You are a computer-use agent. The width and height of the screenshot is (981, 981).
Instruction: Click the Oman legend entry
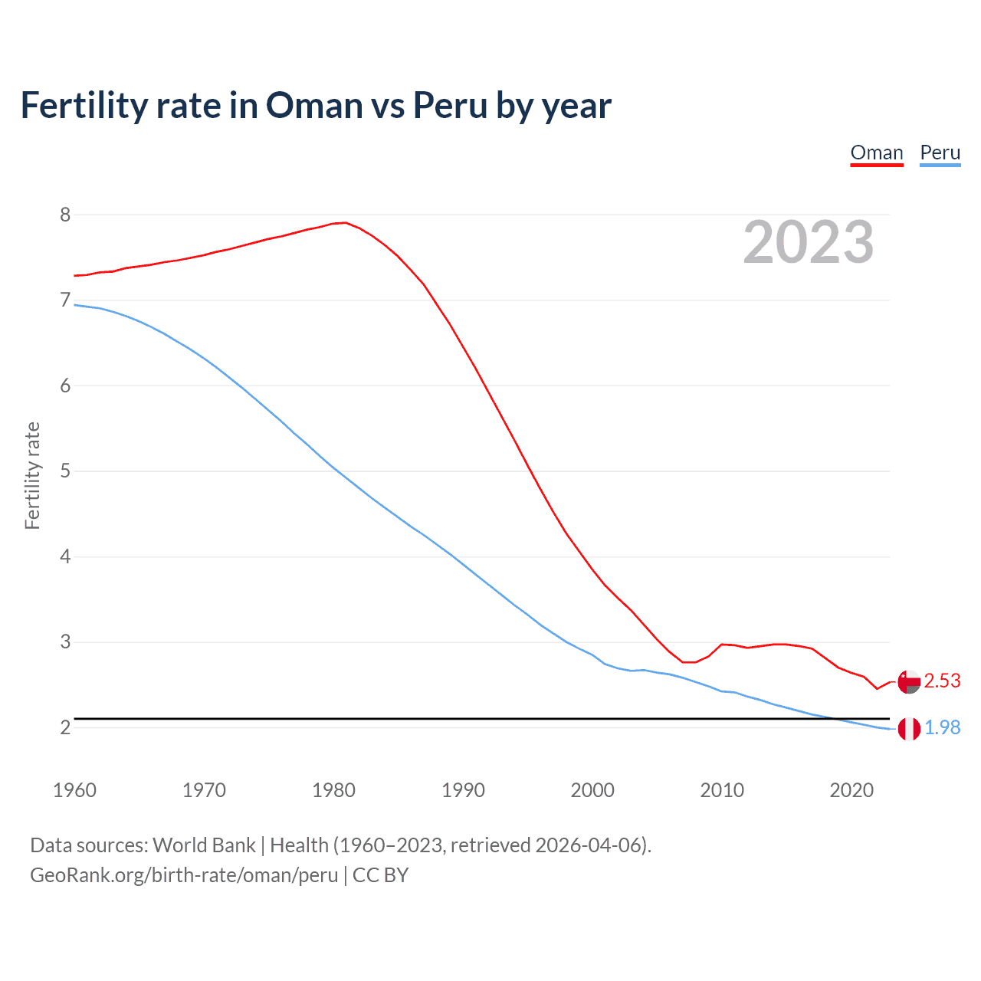tap(877, 153)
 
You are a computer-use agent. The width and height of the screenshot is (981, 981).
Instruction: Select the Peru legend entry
tap(940, 153)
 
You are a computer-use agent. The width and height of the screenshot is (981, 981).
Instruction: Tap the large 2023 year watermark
tap(808, 242)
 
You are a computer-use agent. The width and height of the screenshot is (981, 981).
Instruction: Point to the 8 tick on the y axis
tap(65, 215)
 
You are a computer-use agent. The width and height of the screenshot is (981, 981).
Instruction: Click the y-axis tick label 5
tap(65, 471)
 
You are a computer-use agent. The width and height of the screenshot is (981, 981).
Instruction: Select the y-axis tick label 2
tap(65, 727)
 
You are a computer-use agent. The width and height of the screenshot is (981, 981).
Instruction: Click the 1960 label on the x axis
tap(74, 790)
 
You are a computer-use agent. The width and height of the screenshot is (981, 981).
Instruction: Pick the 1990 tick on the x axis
tap(463, 790)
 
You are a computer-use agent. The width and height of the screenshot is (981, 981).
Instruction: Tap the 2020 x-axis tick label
tap(851, 790)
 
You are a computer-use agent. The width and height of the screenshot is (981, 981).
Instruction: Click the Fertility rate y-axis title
tap(32, 475)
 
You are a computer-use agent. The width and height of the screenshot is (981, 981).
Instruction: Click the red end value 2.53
tap(942, 681)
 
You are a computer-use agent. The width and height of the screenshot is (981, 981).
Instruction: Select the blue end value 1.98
tap(942, 727)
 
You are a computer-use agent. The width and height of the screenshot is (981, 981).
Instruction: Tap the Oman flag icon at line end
tap(909, 681)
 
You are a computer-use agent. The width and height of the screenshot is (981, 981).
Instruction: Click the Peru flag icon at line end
tap(909, 729)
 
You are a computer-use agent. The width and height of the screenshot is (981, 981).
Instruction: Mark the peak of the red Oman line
tap(345, 222)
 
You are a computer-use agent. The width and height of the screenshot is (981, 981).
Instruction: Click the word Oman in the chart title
tap(314, 105)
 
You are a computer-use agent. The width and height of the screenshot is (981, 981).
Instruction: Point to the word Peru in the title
tap(451, 105)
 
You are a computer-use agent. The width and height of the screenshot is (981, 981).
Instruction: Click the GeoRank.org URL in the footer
tap(184, 875)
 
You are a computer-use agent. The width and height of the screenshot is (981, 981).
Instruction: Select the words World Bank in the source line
tap(204, 845)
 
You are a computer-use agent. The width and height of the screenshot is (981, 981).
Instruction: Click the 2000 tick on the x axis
tap(592, 790)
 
